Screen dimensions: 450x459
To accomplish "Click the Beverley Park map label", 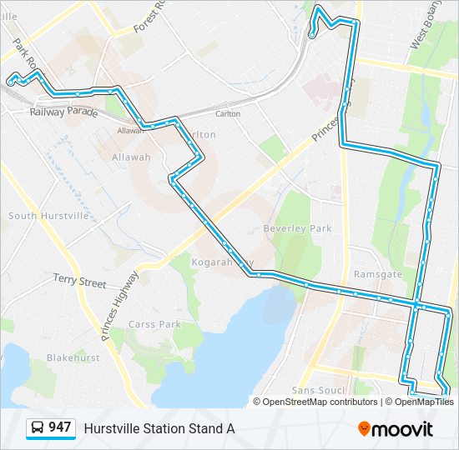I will [x=297, y=228].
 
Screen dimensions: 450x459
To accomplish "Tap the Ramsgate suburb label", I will [x=378, y=274].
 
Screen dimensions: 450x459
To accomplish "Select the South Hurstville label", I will [x=48, y=216].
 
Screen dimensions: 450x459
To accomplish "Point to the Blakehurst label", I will [x=73, y=357].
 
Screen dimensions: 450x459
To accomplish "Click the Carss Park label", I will [x=155, y=324].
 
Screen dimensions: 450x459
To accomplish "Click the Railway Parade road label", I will [x=63, y=112].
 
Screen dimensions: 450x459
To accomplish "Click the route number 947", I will [x=59, y=427].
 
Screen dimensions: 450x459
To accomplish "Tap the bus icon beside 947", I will [x=38, y=428].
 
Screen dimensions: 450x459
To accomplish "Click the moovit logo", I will [x=396, y=429].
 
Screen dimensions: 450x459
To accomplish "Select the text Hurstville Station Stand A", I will [x=159, y=428].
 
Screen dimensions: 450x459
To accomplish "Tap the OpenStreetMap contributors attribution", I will [x=320, y=402].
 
